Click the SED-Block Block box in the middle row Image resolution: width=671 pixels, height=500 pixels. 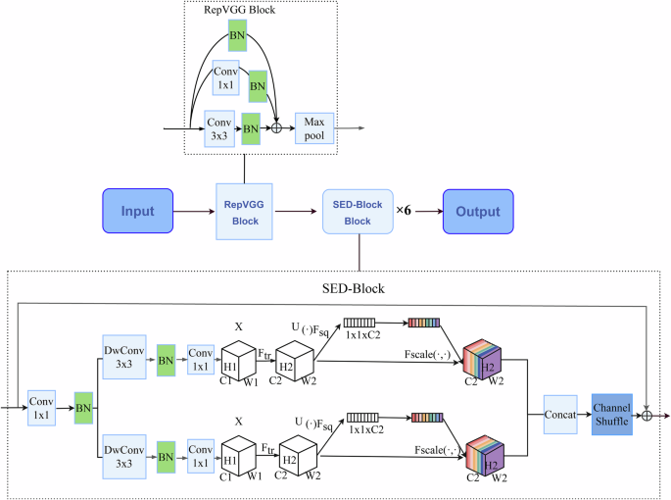(358, 213)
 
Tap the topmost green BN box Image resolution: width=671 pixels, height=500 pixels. (236, 37)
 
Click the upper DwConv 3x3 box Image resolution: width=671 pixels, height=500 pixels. (124, 355)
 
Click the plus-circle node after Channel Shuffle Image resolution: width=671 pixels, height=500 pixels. (647, 414)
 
